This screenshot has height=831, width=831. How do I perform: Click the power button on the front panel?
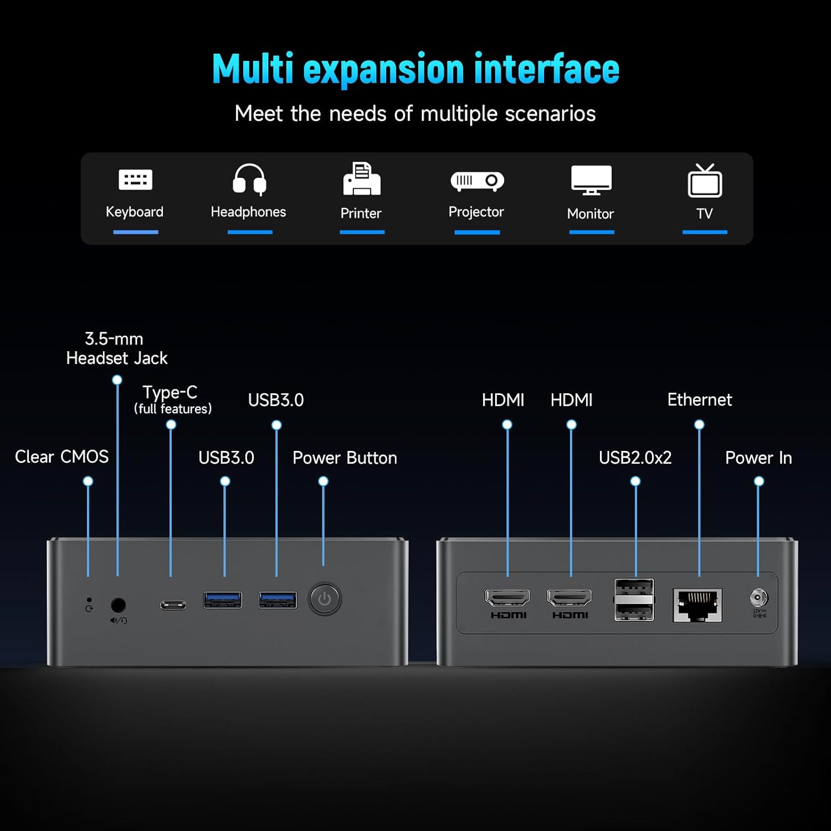pos(325,599)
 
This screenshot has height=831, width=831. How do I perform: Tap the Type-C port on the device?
pos(173,605)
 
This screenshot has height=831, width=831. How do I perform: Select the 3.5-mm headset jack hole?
pos(118,604)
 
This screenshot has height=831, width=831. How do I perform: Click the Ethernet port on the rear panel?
pos(697,604)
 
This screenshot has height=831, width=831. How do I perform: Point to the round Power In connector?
pos(758,598)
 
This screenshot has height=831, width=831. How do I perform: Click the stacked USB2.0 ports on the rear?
pos(634,600)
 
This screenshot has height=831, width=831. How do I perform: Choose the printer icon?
pos(361,179)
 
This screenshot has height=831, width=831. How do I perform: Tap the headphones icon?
pos(249,179)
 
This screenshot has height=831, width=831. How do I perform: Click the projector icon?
pos(477,181)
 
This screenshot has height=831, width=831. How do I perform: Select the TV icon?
pos(705,181)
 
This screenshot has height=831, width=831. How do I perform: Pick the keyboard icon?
pos(135,179)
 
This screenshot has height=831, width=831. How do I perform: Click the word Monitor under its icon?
pos(591,214)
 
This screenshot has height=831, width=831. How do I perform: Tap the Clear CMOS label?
pos(61,457)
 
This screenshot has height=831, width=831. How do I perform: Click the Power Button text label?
pos(345,458)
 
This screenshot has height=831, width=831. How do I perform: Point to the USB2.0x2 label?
pos(635,458)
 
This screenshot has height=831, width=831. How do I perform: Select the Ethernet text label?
pos(699,400)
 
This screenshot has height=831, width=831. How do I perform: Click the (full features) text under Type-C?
pos(173,409)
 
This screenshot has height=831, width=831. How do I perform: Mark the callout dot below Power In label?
pos(759,481)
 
